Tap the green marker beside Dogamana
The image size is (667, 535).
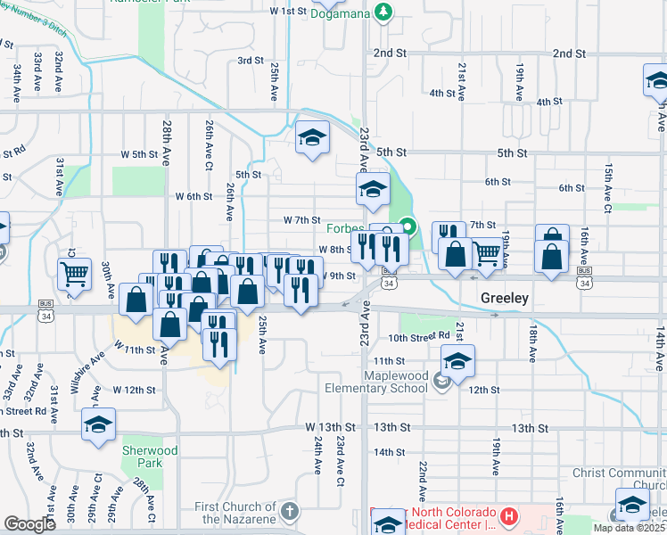(383, 11)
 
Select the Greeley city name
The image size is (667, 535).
(506, 299)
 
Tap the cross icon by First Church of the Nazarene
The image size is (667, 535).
(288, 511)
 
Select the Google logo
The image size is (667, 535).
(29, 524)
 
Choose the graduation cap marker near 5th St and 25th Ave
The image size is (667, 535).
(313, 136)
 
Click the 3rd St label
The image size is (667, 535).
(251, 61)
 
